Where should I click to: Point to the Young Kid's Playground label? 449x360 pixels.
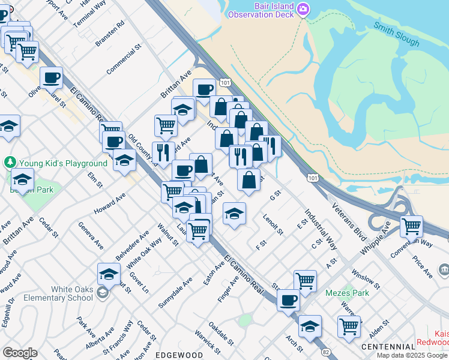point(63,163)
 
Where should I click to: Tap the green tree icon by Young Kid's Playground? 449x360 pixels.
point(10,163)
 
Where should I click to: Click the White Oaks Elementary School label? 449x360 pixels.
point(72,293)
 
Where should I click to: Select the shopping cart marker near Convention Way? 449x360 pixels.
point(411,226)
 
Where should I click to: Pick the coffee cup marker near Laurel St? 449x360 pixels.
point(52,77)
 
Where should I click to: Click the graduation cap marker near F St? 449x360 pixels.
point(234,213)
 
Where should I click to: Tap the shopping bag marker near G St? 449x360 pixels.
point(249,179)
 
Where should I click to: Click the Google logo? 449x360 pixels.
point(20,353)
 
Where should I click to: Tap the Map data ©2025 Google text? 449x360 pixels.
point(412,355)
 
